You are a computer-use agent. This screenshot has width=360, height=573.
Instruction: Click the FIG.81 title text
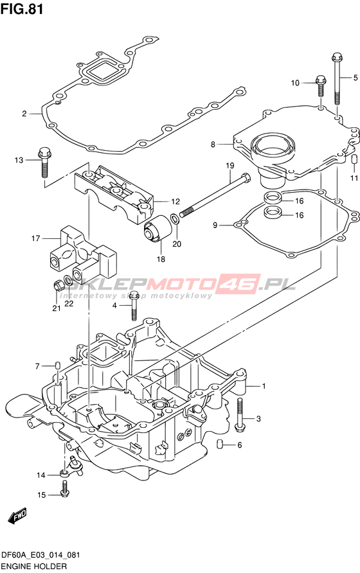[22, 8]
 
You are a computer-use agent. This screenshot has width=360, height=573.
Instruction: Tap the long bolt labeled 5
[336, 78]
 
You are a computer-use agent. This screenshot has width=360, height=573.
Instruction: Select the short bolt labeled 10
[321, 86]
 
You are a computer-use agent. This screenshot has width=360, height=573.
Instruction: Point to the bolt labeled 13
[44, 162]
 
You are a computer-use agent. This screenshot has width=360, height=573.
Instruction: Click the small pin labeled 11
[354, 160]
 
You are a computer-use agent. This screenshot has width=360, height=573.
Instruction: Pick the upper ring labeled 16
[273, 197]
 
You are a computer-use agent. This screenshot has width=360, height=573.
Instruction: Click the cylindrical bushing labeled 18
[157, 229]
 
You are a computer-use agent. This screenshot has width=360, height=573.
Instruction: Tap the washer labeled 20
[175, 219]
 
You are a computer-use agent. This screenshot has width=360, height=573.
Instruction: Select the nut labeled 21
[57, 284]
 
